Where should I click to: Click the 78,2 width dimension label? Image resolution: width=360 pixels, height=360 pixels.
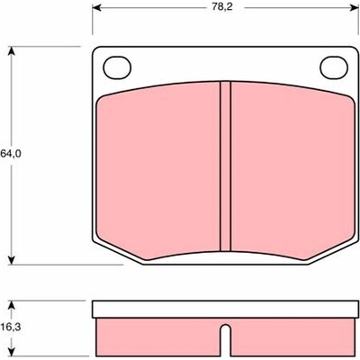222,7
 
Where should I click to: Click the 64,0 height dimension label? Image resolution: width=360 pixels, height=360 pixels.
11,154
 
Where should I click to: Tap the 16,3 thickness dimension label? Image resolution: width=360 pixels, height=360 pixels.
11,327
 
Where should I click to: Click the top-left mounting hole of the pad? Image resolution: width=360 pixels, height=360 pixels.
117,68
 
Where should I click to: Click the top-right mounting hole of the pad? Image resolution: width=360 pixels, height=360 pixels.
334,67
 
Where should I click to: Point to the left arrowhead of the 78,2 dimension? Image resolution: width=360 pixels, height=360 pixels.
96,8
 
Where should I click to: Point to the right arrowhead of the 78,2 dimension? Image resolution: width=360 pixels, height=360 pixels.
355,8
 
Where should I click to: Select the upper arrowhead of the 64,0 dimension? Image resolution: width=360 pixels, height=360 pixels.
12,50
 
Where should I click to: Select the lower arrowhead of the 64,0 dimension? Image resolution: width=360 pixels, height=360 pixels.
12,260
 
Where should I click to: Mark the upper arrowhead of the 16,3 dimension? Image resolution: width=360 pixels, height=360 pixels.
12,305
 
